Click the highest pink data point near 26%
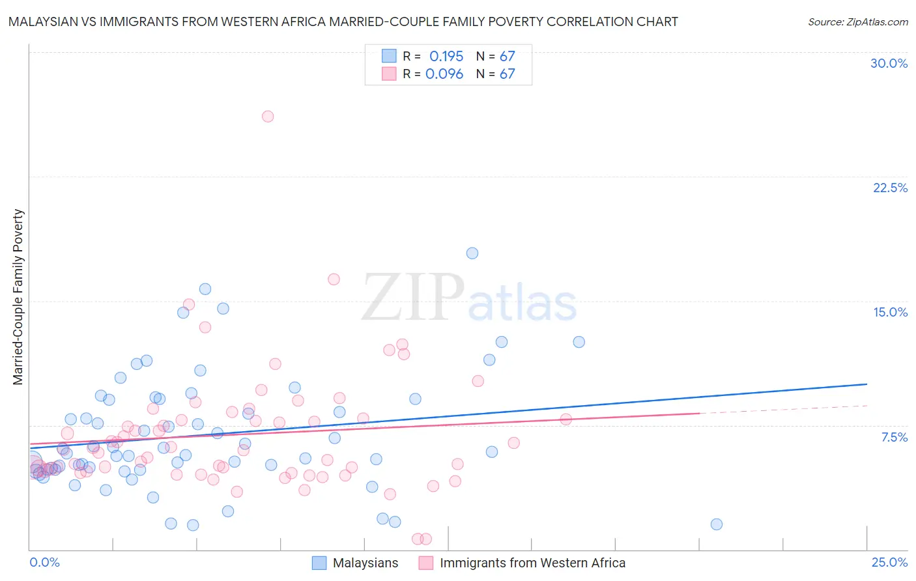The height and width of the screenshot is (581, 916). pyautogui.click(x=268, y=117)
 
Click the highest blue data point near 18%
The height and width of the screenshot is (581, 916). pyautogui.click(x=472, y=253)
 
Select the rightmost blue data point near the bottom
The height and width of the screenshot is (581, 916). pyautogui.click(x=717, y=524)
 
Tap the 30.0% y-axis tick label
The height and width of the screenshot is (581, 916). pyautogui.click(x=889, y=63)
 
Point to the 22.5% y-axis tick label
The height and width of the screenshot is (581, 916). pyautogui.click(x=890, y=188)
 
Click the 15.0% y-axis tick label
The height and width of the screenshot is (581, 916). pyautogui.click(x=890, y=312)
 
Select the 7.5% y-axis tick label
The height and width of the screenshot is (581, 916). pyautogui.click(x=894, y=437)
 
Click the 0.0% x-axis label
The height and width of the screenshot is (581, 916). pyautogui.click(x=44, y=562)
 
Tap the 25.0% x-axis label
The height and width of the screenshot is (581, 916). pyautogui.click(x=889, y=562)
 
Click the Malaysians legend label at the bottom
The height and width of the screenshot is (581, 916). pyautogui.click(x=365, y=563)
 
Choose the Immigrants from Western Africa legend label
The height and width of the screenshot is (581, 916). pyautogui.click(x=532, y=563)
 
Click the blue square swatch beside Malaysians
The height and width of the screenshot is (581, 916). pyautogui.click(x=319, y=563)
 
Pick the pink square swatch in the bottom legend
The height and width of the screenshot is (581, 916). pyautogui.click(x=426, y=563)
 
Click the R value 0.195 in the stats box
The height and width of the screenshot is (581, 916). pyautogui.click(x=446, y=56)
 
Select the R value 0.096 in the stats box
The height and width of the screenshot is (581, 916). pyautogui.click(x=444, y=74)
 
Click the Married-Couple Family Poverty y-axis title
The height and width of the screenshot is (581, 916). pyautogui.click(x=18, y=297)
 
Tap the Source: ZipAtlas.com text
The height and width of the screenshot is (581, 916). pyautogui.click(x=857, y=21)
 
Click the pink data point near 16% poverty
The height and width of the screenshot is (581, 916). pyautogui.click(x=334, y=279)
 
